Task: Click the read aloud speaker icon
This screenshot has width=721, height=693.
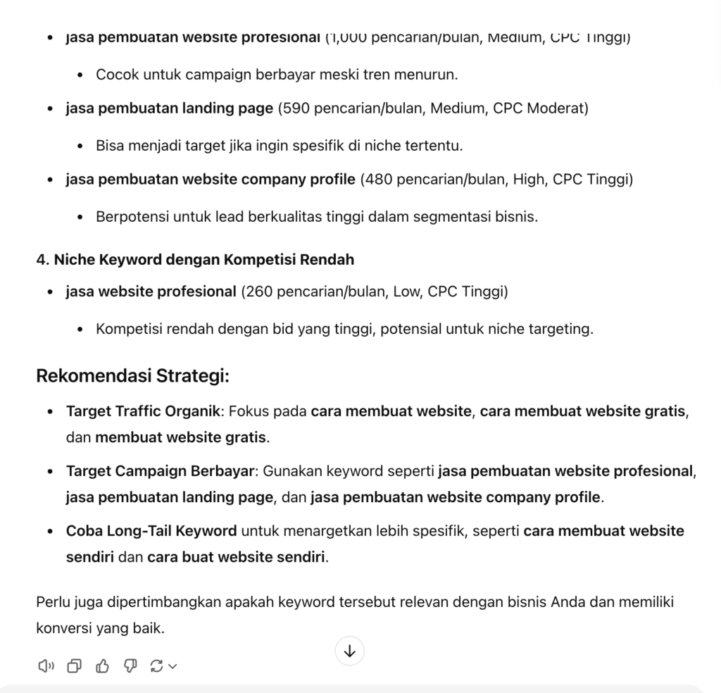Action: click(x=46, y=666)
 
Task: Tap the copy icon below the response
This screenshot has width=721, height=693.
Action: click(x=74, y=666)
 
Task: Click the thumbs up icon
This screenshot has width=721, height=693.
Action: click(x=102, y=666)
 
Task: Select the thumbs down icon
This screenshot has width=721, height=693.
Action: click(x=130, y=666)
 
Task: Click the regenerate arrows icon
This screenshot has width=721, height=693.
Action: click(x=157, y=666)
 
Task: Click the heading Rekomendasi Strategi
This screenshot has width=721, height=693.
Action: click(x=132, y=375)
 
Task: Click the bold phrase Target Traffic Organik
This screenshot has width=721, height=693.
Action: click(x=143, y=411)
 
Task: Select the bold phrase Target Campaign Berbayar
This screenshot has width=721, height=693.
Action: click(x=160, y=470)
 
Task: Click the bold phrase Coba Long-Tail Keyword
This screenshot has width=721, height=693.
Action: click(x=151, y=530)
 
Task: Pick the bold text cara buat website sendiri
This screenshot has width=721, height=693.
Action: click(x=236, y=558)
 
